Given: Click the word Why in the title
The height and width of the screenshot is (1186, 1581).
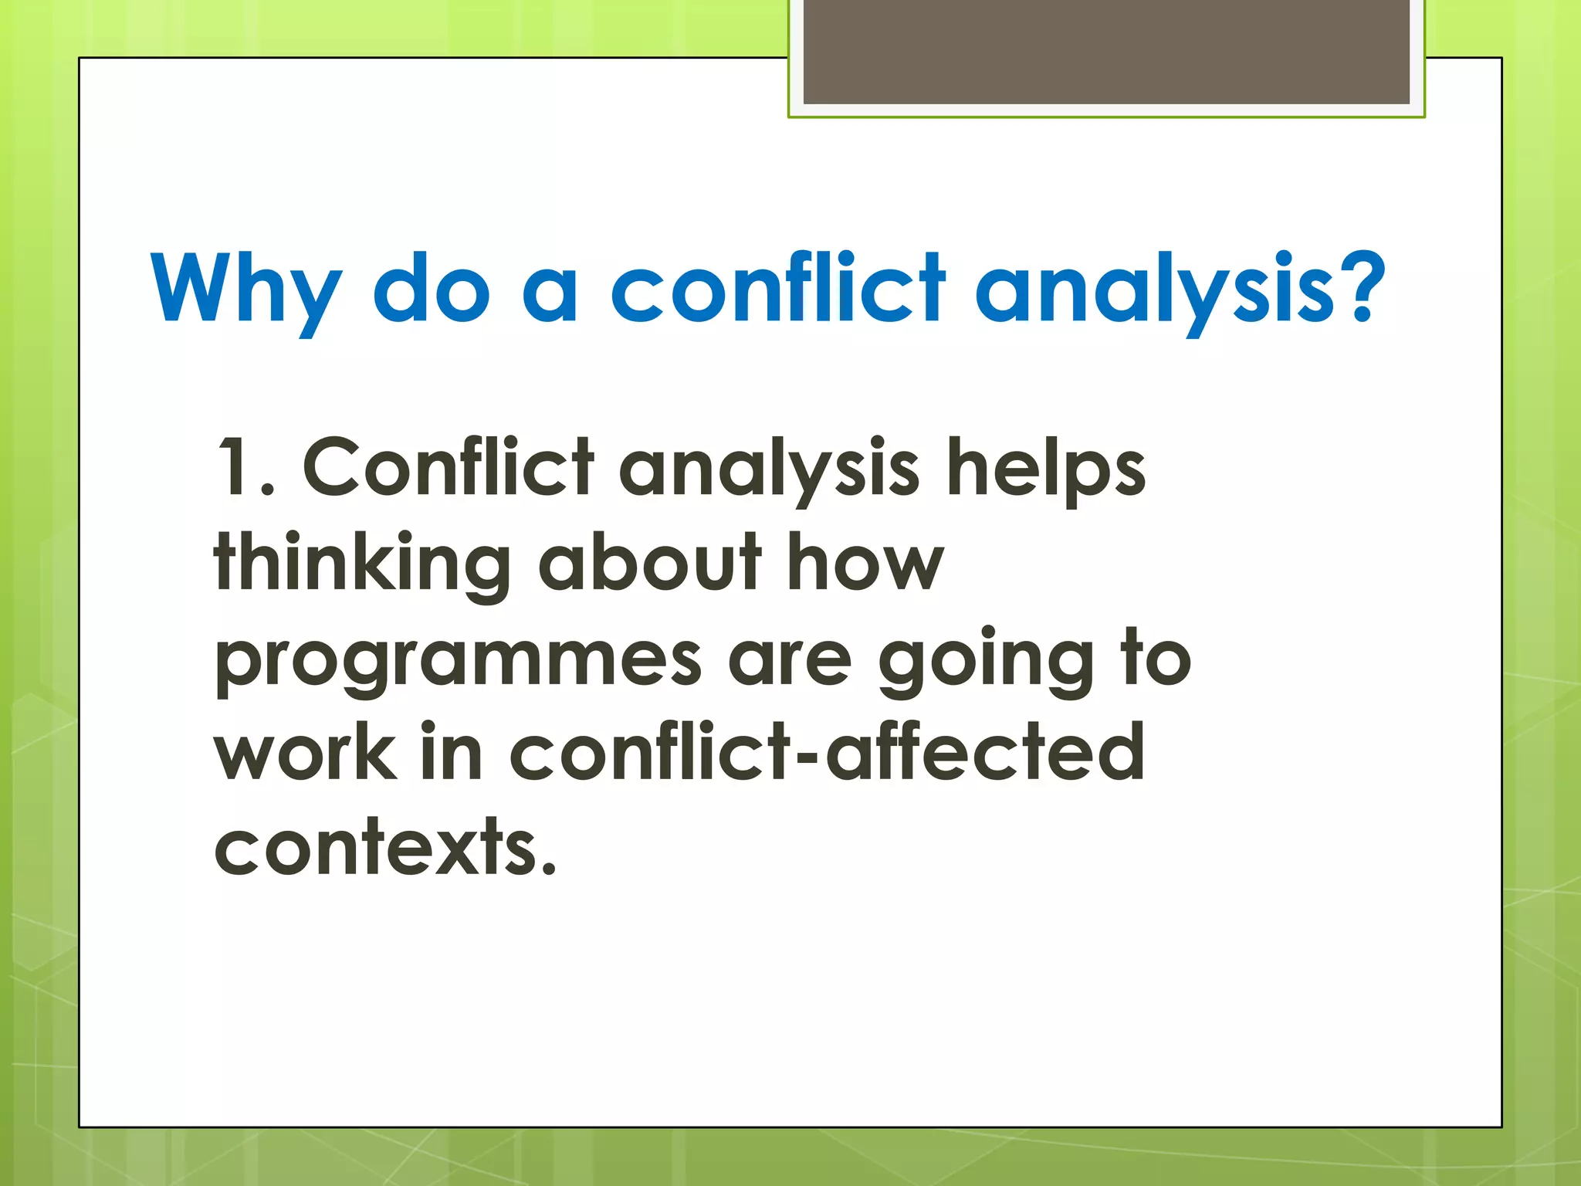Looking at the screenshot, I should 245,290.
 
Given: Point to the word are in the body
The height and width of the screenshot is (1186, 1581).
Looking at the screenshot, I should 789,661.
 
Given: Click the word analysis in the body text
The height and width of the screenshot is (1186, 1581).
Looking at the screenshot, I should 769,469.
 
